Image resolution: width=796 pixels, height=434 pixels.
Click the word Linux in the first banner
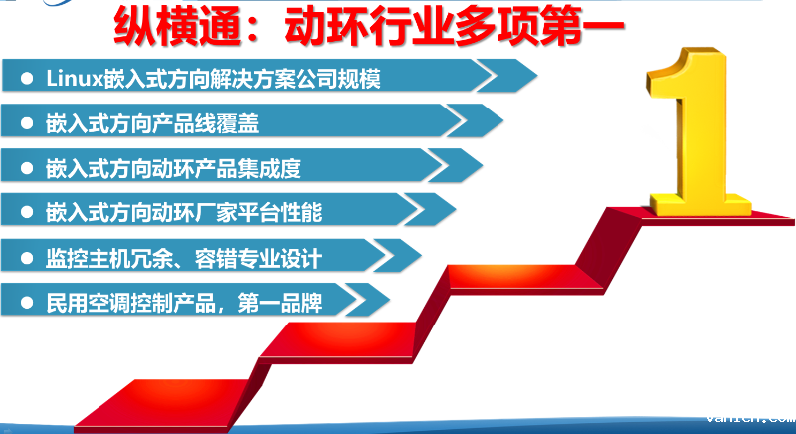[68, 77]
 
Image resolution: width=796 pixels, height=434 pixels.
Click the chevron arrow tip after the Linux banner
[506, 75]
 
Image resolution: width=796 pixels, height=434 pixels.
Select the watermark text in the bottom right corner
[749, 418]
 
